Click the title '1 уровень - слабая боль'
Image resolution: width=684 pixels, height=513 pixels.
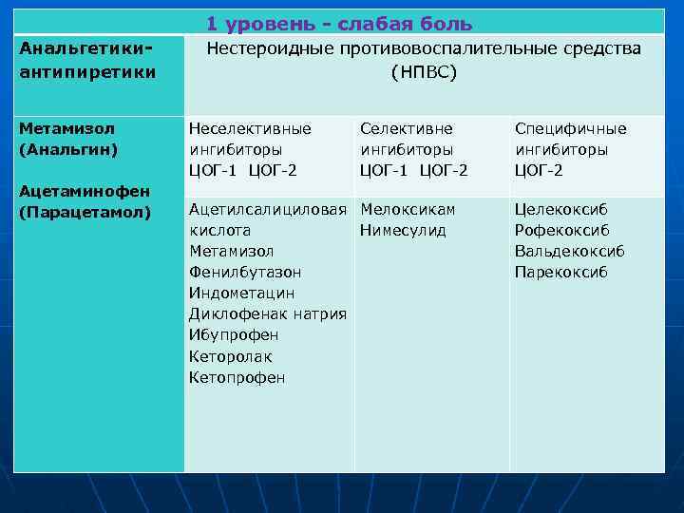(x=338, y=24)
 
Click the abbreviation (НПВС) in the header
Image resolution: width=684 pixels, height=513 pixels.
(x=424, y=71)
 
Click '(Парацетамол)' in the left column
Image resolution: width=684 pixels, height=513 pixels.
(x=85, y=211)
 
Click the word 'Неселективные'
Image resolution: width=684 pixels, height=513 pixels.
(x=250, y=128)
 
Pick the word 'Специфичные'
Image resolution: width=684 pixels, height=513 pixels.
(x=571, y=128)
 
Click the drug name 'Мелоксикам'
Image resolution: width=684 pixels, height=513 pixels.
(x=408, y=209)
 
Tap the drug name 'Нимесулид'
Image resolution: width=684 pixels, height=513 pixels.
(x=404, y=230)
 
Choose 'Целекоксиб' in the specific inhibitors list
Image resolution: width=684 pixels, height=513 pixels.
(x=561, y=209)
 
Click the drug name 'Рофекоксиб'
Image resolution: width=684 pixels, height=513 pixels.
(x=562, y=230)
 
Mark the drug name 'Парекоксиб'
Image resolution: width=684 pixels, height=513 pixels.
(x=560, y=273)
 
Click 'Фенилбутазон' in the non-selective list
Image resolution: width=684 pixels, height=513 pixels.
(x=245, y=273)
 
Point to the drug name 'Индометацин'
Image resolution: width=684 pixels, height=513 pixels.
(x=242, y=294)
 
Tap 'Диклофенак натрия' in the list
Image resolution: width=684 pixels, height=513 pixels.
(x=267, y=314)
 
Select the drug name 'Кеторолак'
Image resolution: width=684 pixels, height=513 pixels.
(x=231, y=356)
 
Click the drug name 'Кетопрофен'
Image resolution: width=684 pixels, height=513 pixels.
(x=237, y=377)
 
